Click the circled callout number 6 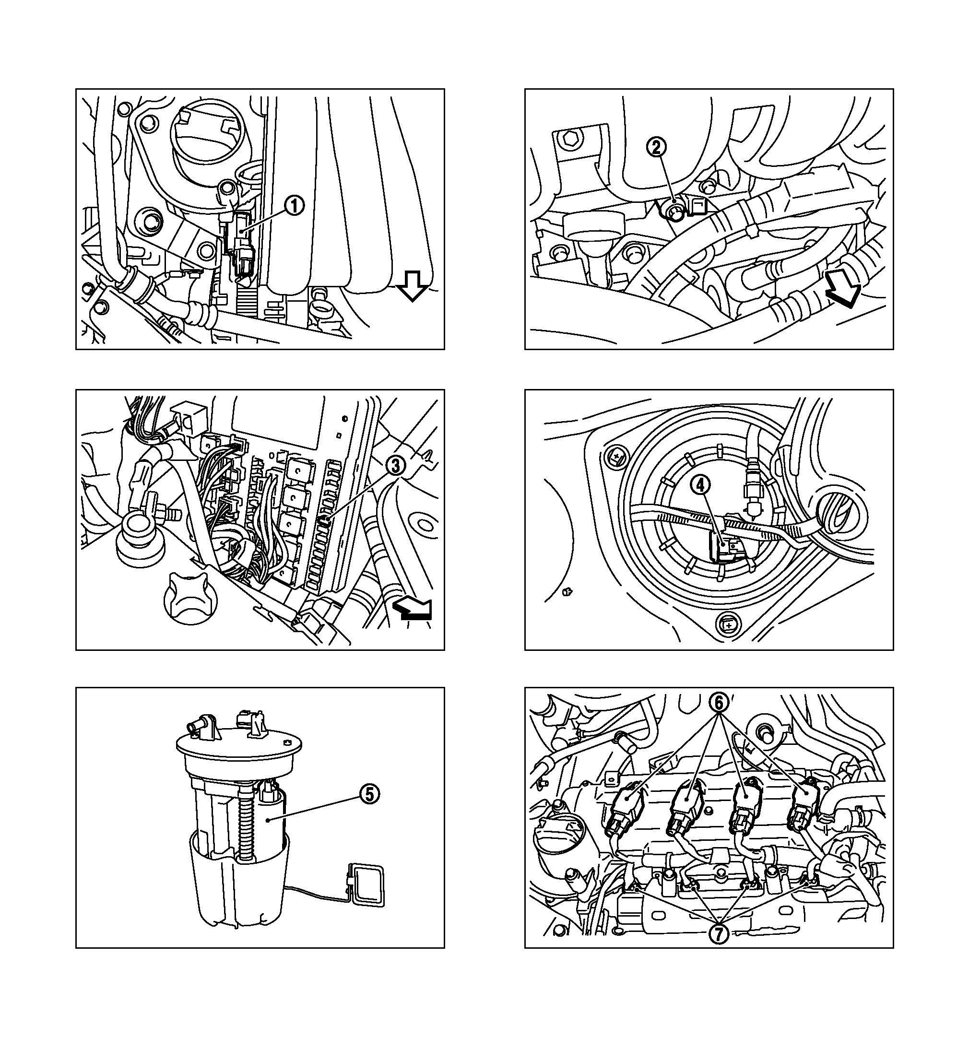(719, 703)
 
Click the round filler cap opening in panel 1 (207, 137)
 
